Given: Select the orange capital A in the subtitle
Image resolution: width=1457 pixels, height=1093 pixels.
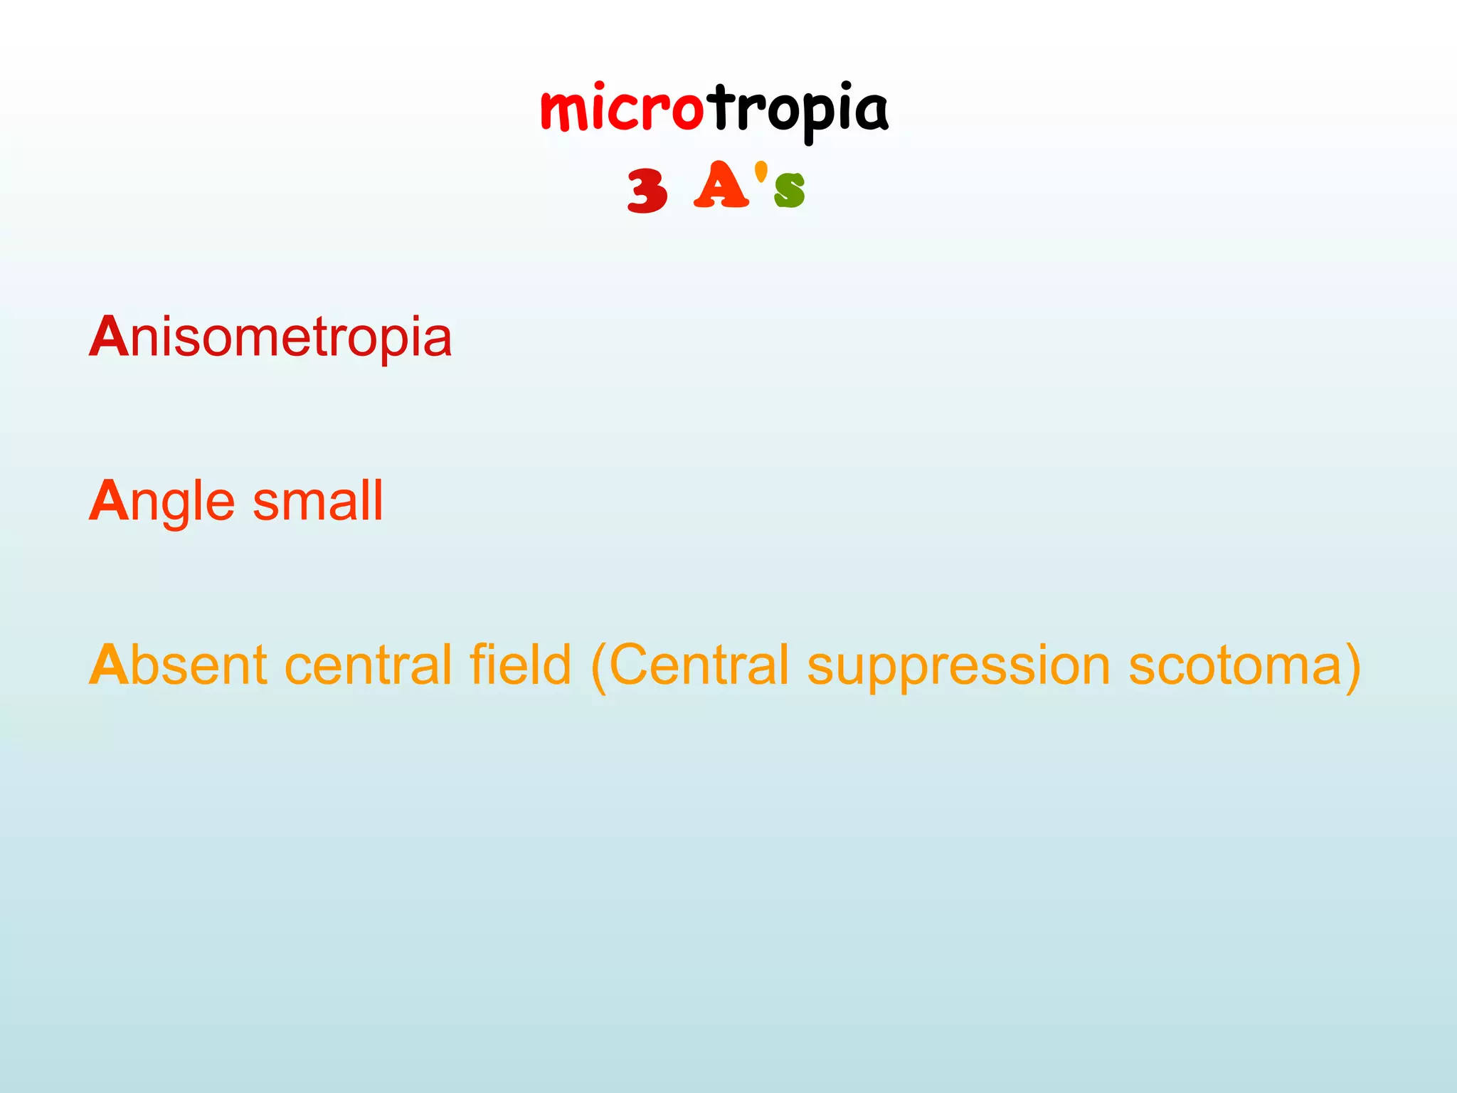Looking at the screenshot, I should point(721,186).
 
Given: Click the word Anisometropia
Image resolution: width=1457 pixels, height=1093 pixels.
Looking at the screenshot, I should point(270,337).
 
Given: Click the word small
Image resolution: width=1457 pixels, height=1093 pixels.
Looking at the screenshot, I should point(318,501).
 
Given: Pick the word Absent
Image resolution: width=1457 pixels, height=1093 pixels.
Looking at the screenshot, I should point(179,665).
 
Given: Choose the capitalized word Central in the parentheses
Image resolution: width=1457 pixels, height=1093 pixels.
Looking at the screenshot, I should point(699,665).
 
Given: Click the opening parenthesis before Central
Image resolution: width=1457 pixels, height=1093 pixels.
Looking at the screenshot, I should point(598,666).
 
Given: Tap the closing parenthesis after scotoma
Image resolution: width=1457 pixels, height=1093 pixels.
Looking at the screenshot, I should point(1352,666).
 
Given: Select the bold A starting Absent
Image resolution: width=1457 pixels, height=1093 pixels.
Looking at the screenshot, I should point(108,665).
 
